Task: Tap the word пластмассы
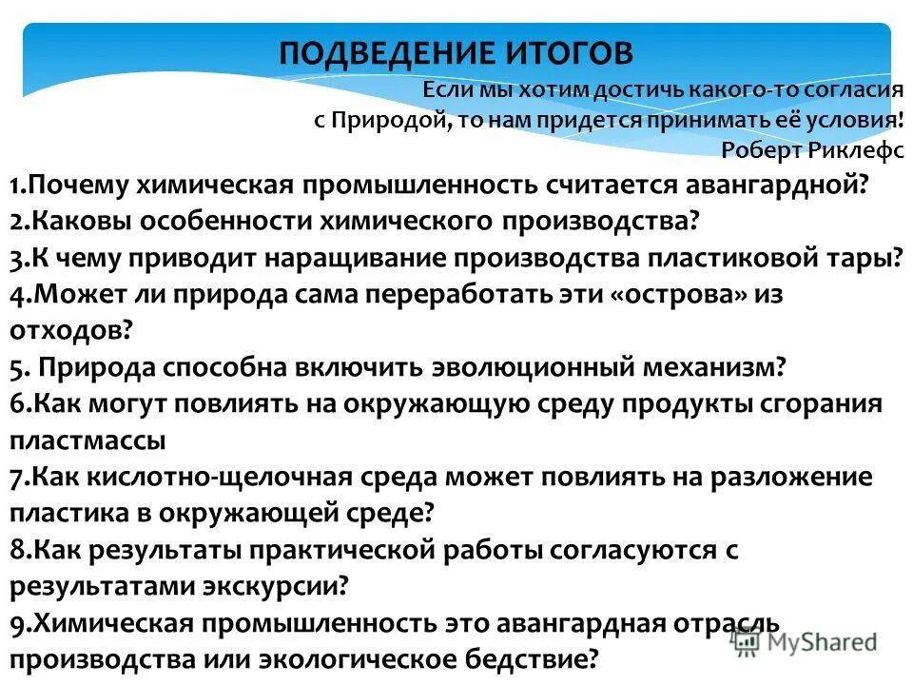coord(87,440)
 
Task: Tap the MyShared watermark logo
coord(804,641)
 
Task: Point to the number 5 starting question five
coord(17,366)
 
